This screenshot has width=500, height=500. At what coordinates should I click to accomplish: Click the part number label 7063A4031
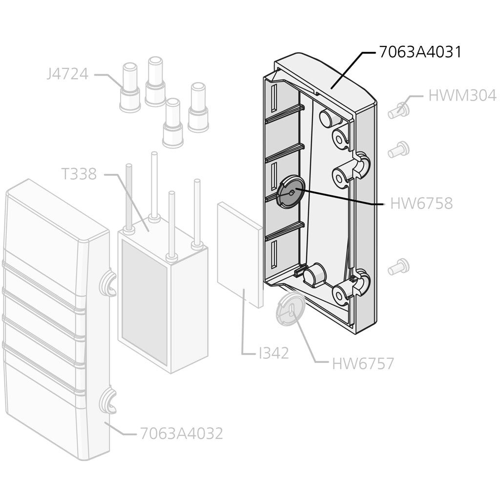click(x=420, y=52)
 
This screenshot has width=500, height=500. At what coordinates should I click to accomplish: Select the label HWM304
click(x=462, y=96)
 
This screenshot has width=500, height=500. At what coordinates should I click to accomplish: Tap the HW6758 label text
click(x=421, y=203)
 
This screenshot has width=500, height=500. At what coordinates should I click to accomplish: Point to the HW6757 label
click(x=363, y=364)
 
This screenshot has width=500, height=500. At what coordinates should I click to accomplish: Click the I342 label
click(x=274, y=353)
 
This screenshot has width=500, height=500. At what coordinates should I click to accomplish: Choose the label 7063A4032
click(x=181, y=434)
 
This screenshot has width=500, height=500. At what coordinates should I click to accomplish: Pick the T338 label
click(x=79, y=174)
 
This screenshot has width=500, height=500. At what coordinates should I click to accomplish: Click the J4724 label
click(x=67, y=74)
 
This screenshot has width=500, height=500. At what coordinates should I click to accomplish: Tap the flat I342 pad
click(x=240, y=254)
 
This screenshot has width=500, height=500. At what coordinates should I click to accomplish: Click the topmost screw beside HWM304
click(x=399, y=110)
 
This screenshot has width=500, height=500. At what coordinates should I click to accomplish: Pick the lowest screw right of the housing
click(x=398, y=267)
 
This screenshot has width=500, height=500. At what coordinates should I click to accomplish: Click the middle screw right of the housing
click(x=398, y=149)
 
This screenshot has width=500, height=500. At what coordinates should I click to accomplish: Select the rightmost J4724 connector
click(x=198, y=107)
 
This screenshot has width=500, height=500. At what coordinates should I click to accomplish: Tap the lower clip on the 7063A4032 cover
click(x=108, y=401)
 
